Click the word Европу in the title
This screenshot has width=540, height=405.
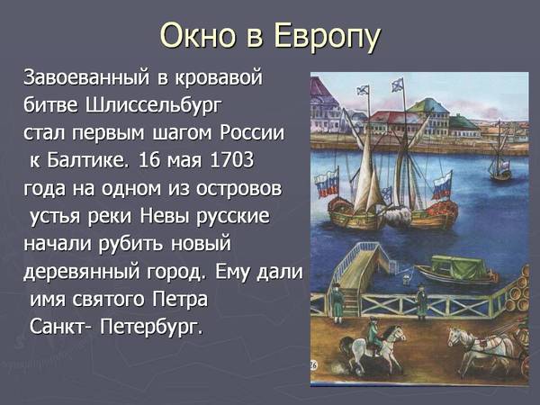328,37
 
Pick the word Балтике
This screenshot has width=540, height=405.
88,160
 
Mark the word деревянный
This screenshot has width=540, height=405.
82,273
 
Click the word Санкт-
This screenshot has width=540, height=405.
60,326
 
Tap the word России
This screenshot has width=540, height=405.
252,132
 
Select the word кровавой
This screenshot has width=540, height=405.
219,77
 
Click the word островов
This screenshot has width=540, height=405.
238,189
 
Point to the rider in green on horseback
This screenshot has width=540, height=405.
373,336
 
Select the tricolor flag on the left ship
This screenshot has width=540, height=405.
328,183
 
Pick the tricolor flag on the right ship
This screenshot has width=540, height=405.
442,186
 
